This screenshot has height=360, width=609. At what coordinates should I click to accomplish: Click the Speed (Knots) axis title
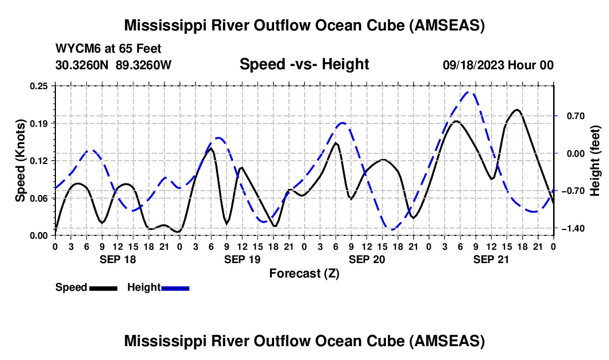click(20, 161)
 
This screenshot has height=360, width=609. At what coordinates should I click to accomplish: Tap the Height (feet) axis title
click(595, 161)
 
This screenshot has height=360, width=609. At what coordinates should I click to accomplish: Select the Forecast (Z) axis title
click(304, 273)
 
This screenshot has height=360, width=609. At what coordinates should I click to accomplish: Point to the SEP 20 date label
click(367, 259)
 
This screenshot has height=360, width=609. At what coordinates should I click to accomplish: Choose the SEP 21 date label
click(491, 259)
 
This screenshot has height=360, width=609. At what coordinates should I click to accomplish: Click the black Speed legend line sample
click(103, 287)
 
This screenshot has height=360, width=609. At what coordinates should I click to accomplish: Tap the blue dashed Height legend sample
click(175, 287)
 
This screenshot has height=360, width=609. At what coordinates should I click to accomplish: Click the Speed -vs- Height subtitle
click(304, 64)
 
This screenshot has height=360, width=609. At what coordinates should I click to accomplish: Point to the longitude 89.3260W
click(143, 65)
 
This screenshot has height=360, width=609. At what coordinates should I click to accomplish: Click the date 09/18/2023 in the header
click(473, 65)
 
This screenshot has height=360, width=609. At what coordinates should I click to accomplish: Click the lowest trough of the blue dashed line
click(391, 229)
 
